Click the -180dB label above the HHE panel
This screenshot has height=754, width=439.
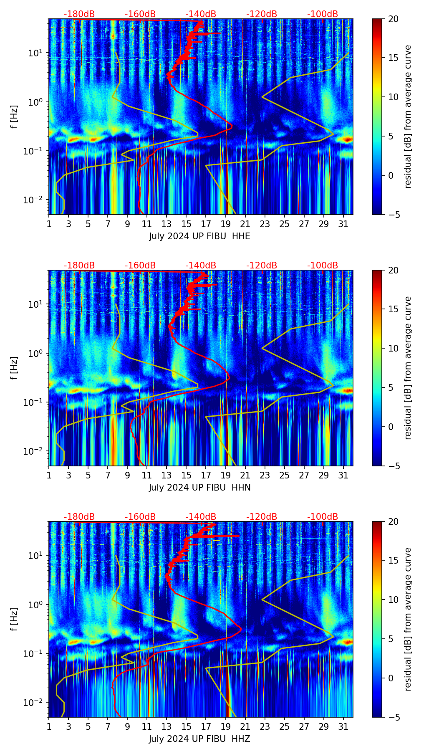point(79,14)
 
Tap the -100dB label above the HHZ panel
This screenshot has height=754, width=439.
point(323,517)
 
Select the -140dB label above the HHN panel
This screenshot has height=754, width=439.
point(201,266)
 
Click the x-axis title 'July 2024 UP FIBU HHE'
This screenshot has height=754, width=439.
point(199,236)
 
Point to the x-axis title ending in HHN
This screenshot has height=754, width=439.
point(199,488)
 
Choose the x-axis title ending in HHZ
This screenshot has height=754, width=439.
point(199,739)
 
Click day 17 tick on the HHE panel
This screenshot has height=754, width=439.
point(206,224)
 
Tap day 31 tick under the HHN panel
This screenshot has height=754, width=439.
point(343,475)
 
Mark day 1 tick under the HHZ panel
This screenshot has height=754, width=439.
point(49,726)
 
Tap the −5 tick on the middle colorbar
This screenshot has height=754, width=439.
point(392,466)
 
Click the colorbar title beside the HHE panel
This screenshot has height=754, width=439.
point(408,116)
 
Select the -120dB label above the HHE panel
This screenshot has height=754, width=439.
point(262,14)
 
